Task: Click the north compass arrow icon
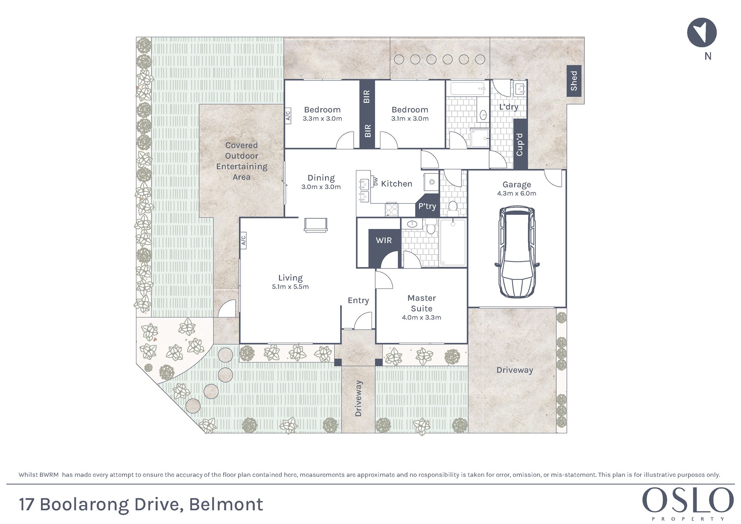701,32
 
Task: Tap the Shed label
574,81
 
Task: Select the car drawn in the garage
517,253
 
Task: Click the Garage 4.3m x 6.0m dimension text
517,193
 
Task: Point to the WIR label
384,240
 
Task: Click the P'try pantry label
427,206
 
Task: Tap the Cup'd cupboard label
519,144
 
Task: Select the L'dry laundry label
508,107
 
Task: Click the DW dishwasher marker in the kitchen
375,181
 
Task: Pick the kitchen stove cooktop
391,209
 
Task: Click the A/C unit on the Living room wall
243,241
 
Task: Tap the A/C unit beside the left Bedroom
288,116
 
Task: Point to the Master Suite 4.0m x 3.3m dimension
421,318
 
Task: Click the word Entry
358,300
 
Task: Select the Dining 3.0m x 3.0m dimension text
321,187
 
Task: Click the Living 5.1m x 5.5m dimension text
290,287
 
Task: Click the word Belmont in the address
226,504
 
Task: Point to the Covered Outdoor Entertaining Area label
242,161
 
